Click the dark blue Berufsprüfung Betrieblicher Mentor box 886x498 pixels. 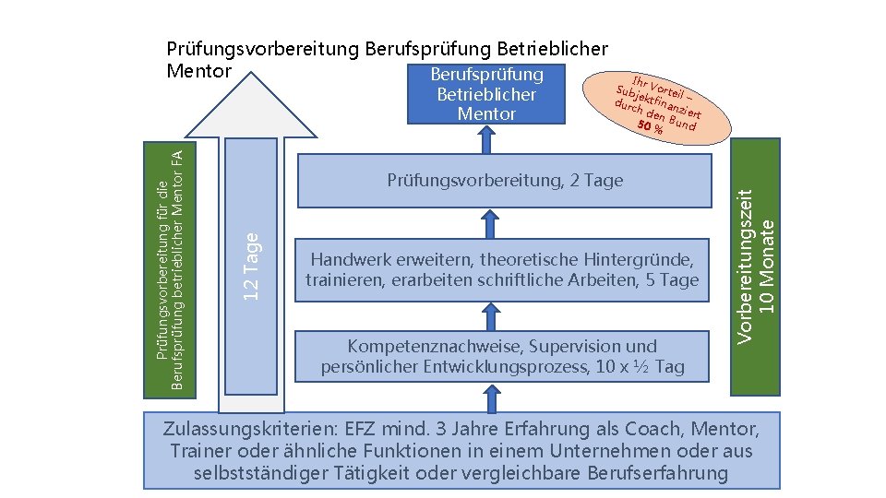[x=486, y=94]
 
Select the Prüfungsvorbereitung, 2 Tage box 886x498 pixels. [x=505, y=180]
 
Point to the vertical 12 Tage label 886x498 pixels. [x=250, y=264]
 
